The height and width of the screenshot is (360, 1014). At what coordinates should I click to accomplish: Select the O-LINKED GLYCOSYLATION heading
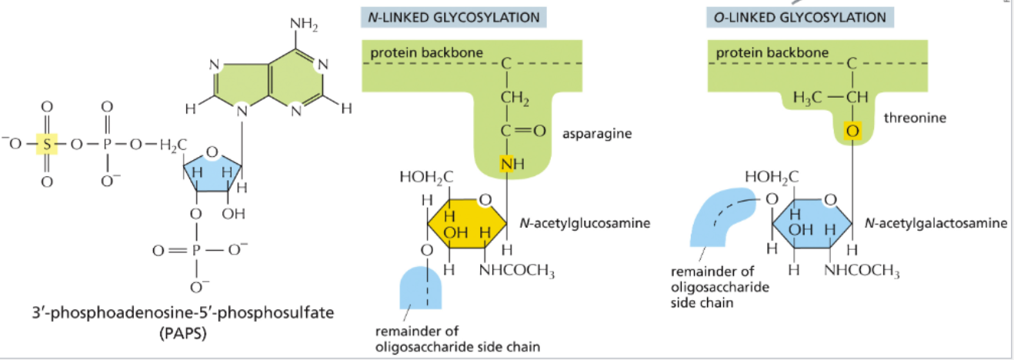pyautogui.click(x=798, y=17)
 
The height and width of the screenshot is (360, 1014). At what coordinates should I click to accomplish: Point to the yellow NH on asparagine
pyautogui.click(x=508, y=164)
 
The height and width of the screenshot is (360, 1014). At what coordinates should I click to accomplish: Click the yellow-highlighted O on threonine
pyautogui.click(x=852, y=132)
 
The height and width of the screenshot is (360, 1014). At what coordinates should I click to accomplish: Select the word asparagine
pyautogui.click(x=597, y=134)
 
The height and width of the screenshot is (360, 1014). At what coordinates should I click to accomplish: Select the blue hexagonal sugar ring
pyautogui.click(x=812, y=224)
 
